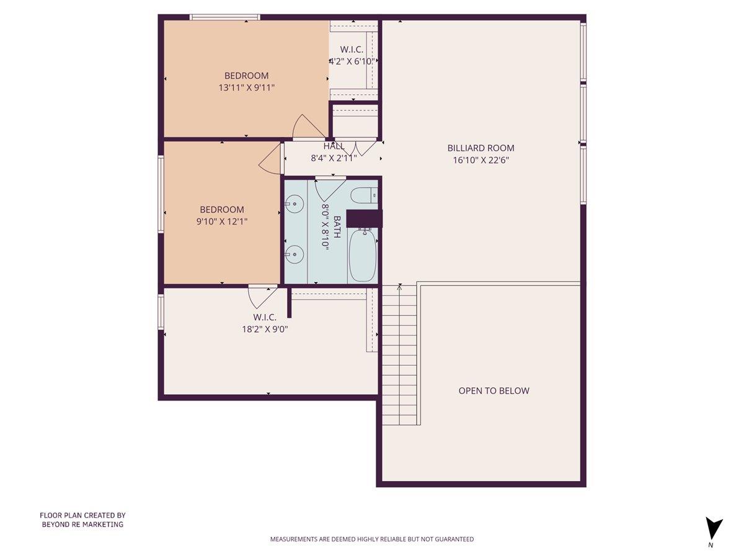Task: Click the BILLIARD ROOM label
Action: pos(480,148)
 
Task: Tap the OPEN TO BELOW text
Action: pos(494,391)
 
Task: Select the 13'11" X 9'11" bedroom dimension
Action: pos(246,88)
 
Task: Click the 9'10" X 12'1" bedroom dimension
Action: pos(221,221)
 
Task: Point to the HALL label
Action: pos(333,146)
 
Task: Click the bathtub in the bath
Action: pos(363,255)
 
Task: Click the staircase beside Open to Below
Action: pos(399,356)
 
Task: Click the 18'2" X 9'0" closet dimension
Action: pos(265,329)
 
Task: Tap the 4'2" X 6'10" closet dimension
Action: pos(352,61)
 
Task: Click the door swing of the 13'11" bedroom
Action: pos(308,128)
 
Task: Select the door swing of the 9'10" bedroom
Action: pos(272,161)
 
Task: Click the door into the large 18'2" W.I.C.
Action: pos(262,297)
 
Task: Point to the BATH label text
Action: pos(337,227)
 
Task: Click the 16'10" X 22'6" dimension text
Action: pos(480,160)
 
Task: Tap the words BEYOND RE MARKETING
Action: pos(82,525)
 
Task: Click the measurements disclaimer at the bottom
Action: pos(371,539)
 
